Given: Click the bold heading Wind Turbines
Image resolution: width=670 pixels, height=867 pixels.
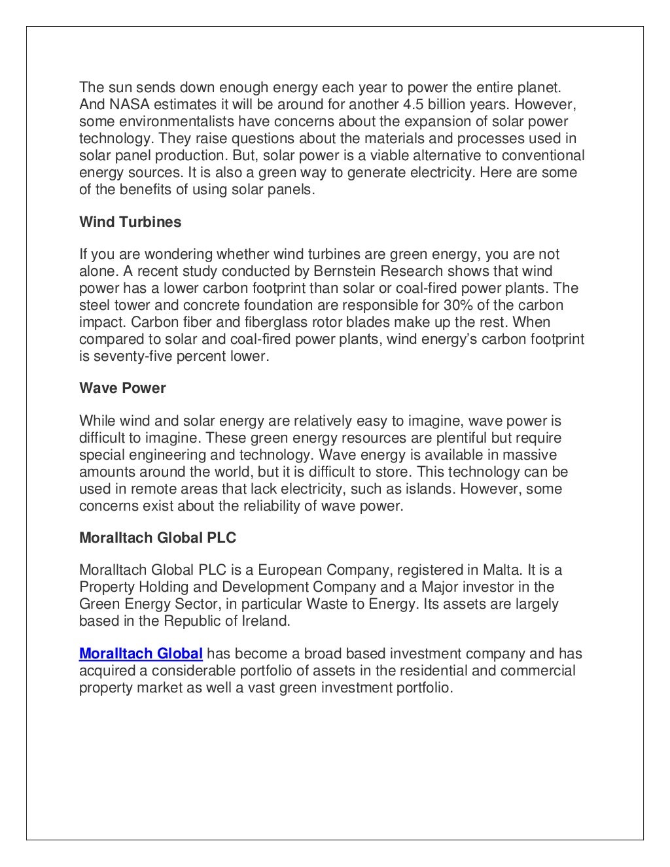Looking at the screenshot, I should point(130,222).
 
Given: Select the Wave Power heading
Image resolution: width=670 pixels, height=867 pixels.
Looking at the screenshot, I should point(122,388).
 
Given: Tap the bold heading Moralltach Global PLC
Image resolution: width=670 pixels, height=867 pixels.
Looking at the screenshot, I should point(158,538).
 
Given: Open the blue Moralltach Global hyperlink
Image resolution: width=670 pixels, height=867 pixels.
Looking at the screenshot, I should point(141,654).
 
